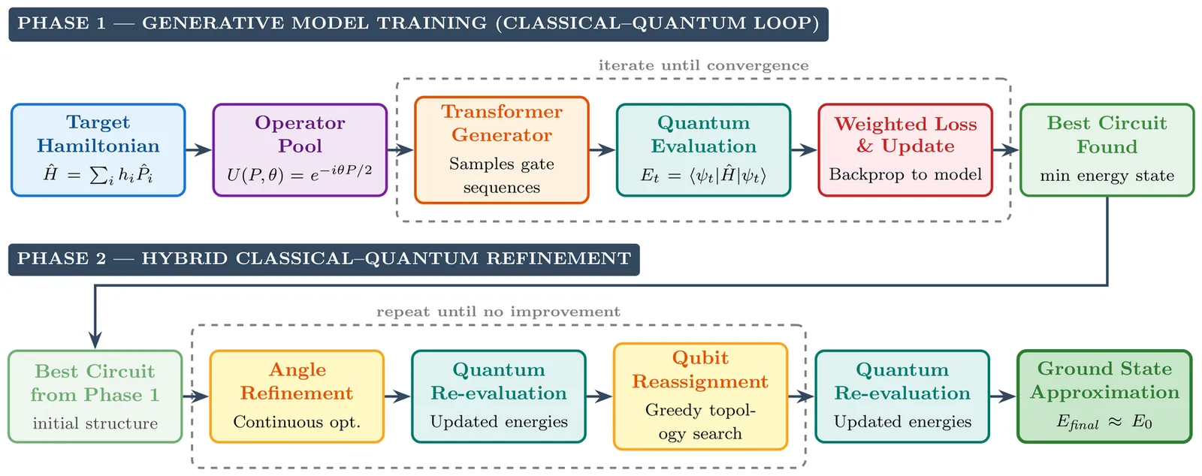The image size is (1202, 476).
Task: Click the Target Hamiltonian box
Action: point(98,150)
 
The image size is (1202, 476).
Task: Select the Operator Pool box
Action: point(300,150)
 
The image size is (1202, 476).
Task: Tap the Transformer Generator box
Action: point(502,150)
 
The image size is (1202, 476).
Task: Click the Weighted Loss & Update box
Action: point(905,150)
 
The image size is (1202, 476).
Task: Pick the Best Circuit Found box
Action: point(1107,150)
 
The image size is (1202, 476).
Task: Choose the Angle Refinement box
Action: point(297,396)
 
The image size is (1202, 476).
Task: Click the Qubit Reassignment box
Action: point(700,396)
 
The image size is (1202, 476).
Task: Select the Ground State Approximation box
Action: point(1104,396)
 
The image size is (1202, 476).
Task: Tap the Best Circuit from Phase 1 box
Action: point(95,396)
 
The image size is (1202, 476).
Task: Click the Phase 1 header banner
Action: point(418,24)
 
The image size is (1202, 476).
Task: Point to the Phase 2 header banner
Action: point(324,260)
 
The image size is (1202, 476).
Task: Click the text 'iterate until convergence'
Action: point(703,65)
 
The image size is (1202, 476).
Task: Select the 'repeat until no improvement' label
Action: point(499,312)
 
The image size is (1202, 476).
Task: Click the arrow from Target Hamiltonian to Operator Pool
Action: point(199,150)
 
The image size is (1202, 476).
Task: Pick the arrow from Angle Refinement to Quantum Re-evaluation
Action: point(398,396)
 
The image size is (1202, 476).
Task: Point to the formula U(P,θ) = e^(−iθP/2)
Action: point(300,174)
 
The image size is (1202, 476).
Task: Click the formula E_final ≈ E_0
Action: point(1104,423)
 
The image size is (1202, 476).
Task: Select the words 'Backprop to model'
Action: point(905,174)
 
